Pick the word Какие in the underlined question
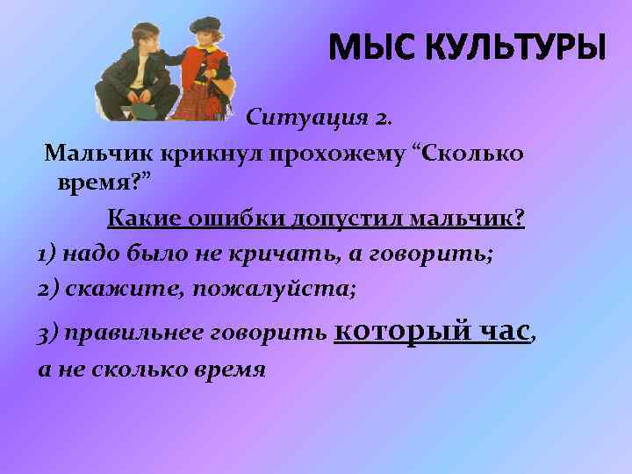click(x=140, y=219)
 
